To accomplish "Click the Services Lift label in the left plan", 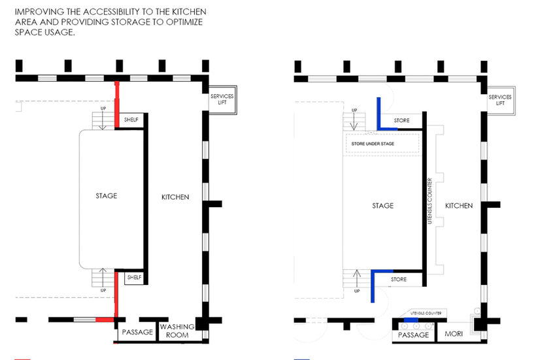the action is pos(222,101).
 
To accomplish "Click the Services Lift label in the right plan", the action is pos(500,100).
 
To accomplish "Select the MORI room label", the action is pos(454,335).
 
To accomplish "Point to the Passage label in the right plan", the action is pos(413,335).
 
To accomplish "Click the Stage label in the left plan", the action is pos(106,196).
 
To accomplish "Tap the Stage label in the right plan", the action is pos(383,205).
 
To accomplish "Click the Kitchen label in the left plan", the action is pos(175,197).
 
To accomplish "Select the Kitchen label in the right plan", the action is pos(459,206).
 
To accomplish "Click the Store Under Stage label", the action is pos(379,143).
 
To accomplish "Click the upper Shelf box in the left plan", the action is pos(131,120).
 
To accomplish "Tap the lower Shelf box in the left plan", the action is pos(134,277).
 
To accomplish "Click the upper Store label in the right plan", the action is pos(401,121).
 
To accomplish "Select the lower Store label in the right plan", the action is pos(399,280).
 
